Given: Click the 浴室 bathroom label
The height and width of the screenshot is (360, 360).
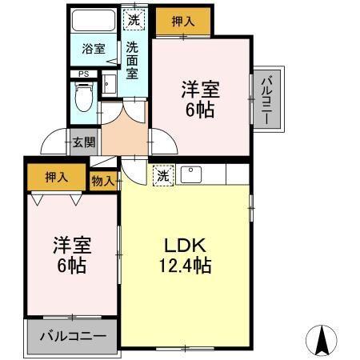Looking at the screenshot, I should tap(94, 49).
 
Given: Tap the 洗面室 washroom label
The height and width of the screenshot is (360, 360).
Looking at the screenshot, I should tap(133, 59).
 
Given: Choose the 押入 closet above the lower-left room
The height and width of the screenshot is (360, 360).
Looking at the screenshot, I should tap(55, 177).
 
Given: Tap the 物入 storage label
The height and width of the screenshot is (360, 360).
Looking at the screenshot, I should tap(102, 181).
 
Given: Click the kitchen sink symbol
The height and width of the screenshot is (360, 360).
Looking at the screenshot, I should tap(191, 174).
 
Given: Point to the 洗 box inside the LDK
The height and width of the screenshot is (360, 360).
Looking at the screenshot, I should tap(163, 175).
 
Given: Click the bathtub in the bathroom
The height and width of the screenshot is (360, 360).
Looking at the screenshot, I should tap(94, 20).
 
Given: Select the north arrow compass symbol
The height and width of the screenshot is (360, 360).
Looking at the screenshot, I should tap(323, 342).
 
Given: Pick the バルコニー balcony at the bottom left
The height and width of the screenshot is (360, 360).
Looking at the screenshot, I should tap(72, 336).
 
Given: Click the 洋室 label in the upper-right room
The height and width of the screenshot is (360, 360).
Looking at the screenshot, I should tap(201, 89).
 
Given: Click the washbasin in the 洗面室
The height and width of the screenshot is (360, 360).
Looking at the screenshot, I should tap(110, 83).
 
